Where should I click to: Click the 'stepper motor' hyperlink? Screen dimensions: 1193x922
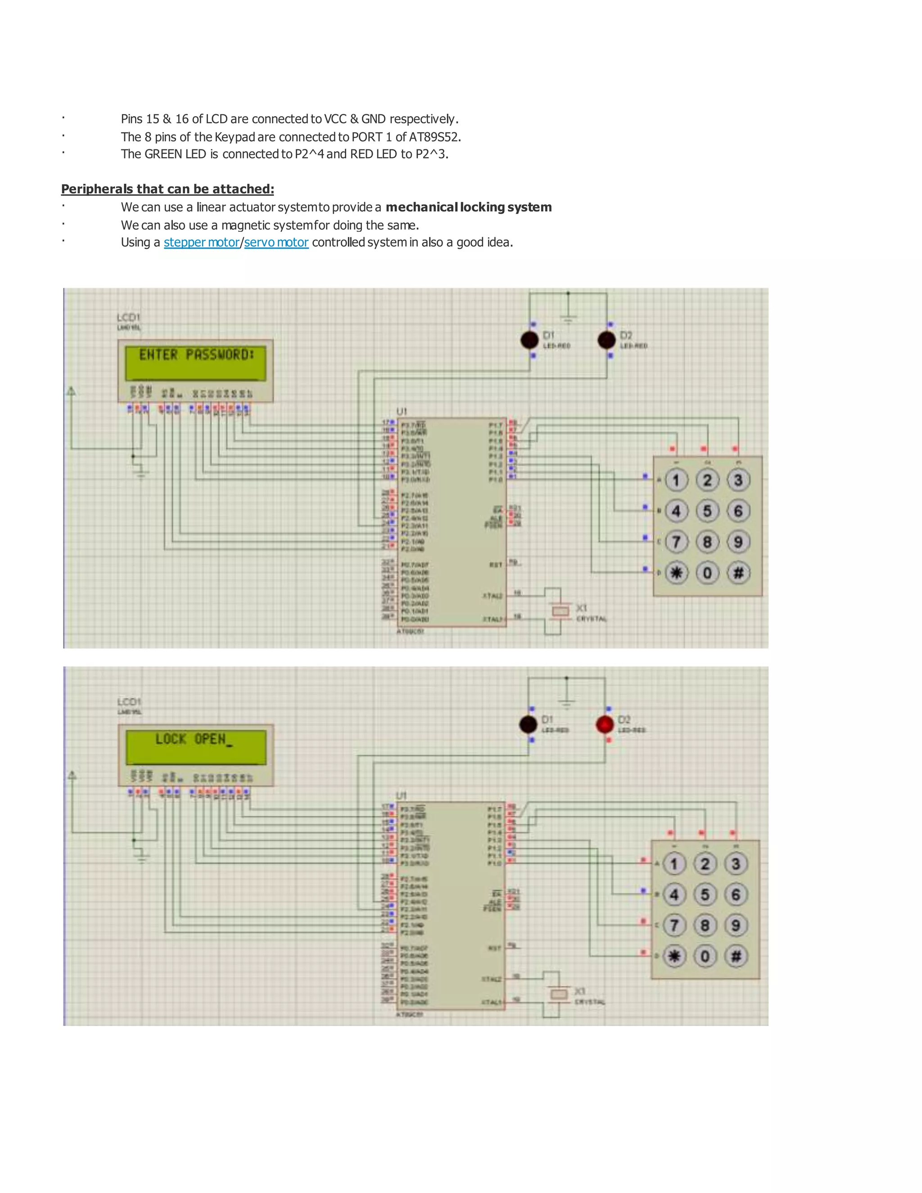(202, 243)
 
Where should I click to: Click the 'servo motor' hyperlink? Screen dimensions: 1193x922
(276, 243)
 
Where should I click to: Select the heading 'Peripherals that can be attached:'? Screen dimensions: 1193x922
(167, 189)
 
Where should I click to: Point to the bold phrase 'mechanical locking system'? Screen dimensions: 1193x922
(468, 207)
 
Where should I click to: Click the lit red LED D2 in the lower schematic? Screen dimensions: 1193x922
(605, 724)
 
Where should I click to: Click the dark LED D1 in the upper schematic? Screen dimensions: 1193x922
(529, 340)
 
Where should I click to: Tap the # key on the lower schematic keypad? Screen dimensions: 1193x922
(736, 956)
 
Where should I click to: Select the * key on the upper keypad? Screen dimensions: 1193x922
(676, 573)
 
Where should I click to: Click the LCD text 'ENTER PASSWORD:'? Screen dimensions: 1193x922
(196, 355)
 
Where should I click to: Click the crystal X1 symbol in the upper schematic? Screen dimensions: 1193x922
(560, 611)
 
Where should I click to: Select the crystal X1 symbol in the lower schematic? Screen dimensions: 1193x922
(559, 994)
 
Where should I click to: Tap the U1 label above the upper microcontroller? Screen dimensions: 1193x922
(402, 411)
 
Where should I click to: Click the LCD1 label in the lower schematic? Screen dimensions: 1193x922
(129, 701)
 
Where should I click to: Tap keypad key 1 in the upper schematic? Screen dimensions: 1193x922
(676, 480)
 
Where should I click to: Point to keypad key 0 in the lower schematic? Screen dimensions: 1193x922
(705, 956)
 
